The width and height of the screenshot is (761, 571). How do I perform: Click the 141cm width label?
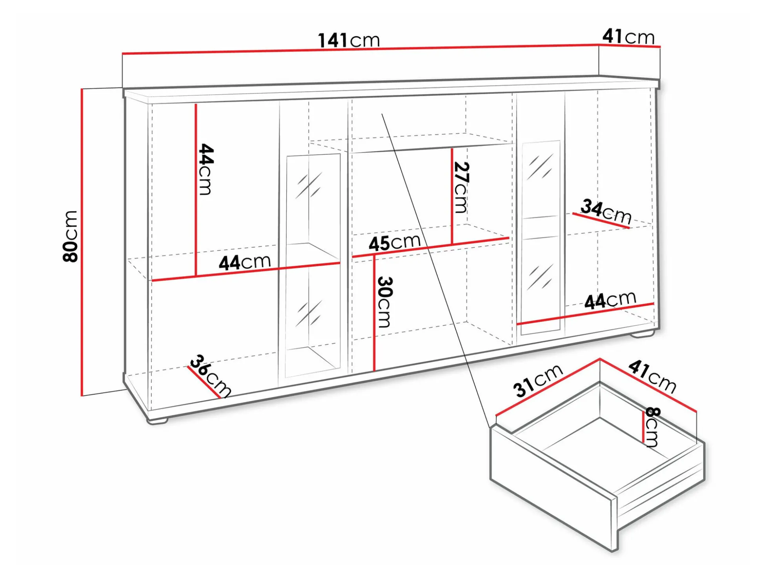coord(349,40)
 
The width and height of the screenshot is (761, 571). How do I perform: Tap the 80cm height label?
coord(71,236)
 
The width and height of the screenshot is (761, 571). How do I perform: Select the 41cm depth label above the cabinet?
coord(628,36)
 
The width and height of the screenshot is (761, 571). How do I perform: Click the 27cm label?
coord(461,188)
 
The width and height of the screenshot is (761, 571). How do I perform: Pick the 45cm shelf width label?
coord(395,243)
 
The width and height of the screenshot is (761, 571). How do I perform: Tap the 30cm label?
coord(384,302)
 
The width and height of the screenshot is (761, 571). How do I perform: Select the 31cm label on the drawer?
coord(538,381)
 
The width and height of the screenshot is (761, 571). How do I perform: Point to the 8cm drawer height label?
coord(652,427)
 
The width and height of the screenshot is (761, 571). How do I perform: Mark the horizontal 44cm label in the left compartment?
coord(245,262)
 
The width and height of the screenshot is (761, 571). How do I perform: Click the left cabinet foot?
coord(158,421)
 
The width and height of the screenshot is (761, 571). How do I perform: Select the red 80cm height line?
coord(82,242)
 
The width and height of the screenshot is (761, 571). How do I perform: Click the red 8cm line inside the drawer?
coord(643,426)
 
